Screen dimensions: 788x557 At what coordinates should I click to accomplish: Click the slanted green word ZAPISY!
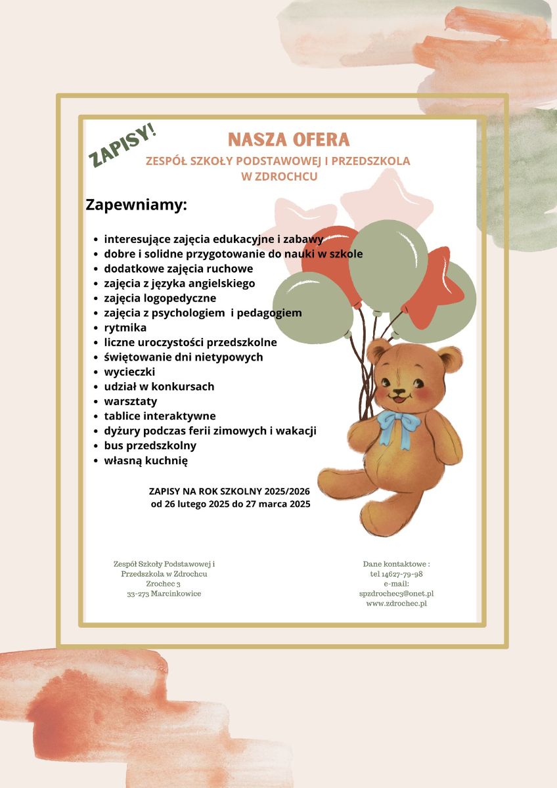(123, 145)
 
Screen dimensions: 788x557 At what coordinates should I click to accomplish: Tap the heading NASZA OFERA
(288, 140)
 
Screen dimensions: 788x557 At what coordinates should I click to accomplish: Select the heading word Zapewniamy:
(137, 204)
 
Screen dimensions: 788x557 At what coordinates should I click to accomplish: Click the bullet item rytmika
(125, 328)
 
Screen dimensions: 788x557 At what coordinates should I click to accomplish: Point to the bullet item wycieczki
(129, 372)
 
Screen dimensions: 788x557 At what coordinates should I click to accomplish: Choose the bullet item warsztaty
(130, 401)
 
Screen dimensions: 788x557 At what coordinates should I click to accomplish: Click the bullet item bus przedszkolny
(150, 446)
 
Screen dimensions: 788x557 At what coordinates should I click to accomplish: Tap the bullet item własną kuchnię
(146, 460)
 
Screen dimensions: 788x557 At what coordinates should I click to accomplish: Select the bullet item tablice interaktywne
(160, 416)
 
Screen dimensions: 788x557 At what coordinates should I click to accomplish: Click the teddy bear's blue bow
(397, 424)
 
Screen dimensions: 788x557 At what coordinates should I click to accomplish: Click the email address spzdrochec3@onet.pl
(396, 594)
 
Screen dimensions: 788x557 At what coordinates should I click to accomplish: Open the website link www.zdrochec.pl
(396, 603)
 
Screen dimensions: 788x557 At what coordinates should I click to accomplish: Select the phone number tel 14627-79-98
(396, 574)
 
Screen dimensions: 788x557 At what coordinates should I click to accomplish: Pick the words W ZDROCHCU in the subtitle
(279, 177)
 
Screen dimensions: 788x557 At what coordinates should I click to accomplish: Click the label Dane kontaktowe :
(396, 564)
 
